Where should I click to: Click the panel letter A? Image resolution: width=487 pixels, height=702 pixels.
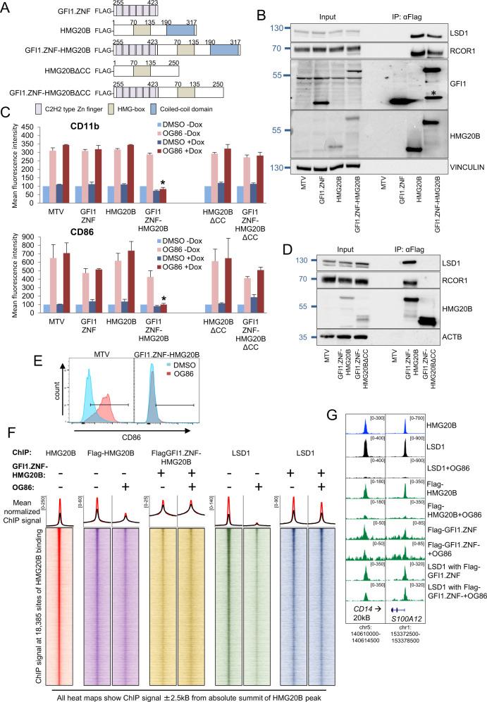click(7, 7)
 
